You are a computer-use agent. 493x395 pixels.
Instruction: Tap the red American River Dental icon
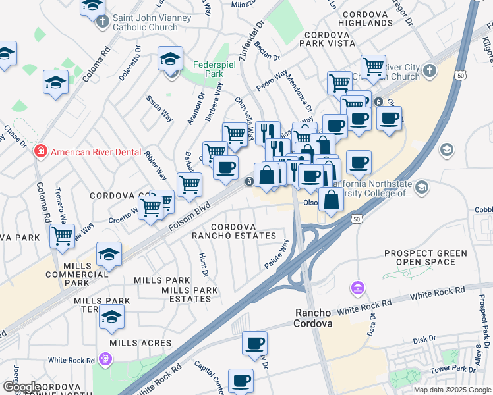[41, 152]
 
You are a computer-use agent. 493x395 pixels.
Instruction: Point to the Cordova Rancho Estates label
[234, 230]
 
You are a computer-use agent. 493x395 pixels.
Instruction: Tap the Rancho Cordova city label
[312, 318]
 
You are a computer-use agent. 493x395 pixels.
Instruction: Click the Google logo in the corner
[22, 387]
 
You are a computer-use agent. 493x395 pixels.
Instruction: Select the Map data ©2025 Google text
[451, 390]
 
